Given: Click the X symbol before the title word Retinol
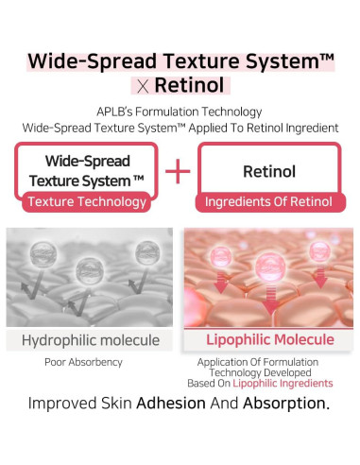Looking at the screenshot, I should [139, 87].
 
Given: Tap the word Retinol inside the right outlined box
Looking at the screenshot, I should [269, 172].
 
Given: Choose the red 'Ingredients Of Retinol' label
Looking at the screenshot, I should [269, 201].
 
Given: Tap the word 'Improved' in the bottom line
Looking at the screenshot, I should [66, 404].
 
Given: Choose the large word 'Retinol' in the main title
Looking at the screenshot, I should [189, 87].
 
